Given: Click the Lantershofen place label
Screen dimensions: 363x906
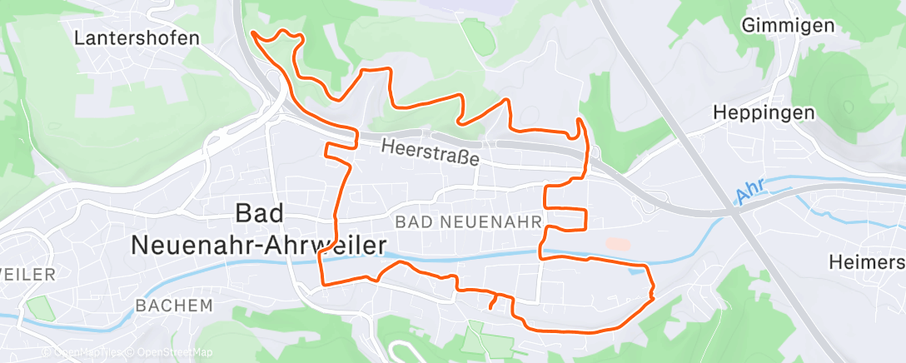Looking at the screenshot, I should [x=137, y=37].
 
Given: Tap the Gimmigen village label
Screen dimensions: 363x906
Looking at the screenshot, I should [x=789, y=26].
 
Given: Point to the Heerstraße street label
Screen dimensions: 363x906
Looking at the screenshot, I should [x=431, y=152].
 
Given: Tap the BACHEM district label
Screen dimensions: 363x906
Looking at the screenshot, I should [x=173, y=306].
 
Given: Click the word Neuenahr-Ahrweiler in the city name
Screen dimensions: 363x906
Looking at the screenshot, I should [x=258, y=245].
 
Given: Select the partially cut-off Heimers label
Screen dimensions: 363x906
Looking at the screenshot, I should [x=866, y=262].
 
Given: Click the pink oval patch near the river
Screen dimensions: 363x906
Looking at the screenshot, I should [x=619, y=244].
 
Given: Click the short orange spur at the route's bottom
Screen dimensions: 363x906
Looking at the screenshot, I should [x=494, y=301].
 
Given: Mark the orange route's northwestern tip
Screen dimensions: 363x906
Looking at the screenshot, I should [x=251, y=33].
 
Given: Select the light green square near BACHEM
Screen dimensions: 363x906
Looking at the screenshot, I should [x=38, y=307].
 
